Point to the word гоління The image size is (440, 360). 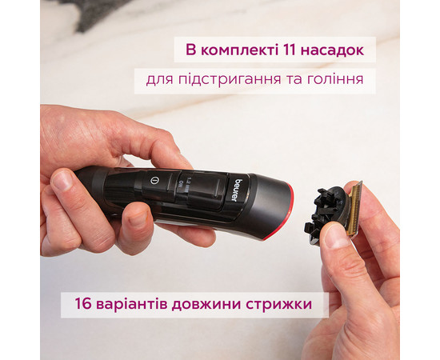(335, 81)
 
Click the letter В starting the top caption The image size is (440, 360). (190, 51)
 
